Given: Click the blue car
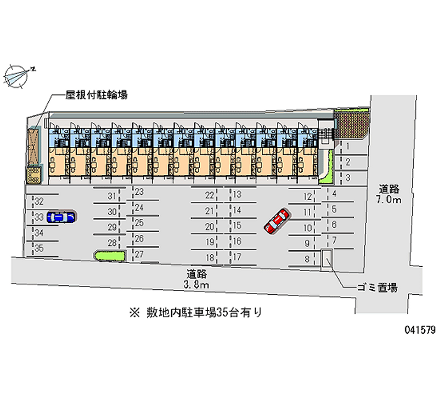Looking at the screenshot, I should pyautogui.click(x=61, y=217).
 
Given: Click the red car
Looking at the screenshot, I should pyautogui.click(x=276, y=220).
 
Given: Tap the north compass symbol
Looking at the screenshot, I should pyautogui.click(x=18, y=76).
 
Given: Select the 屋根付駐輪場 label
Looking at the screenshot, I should pyautogui.click(x=97, y=95).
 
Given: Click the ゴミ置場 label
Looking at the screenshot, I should pyautogui.click(x=377, y=287).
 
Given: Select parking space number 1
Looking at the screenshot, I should pyautogui.click(x=347, y=146).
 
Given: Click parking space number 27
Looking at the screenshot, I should pyautogui.click(x=139, y=254).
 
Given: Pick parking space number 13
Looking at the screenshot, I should pyautogui.click(x=237, y=194).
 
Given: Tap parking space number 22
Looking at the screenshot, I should pyautogui.click(x=210, y=195).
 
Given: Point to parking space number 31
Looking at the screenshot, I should pyautogui.click(x=112, y=196).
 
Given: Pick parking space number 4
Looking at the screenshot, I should pyautogui.click(x=334, y=193).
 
